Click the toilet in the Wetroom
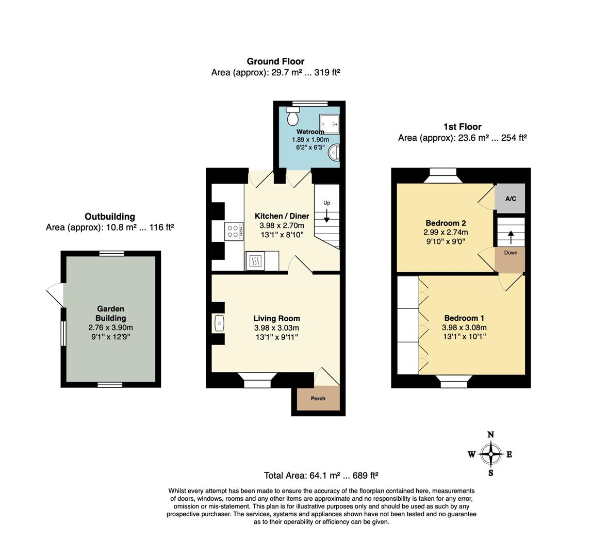292,116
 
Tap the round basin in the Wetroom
334,153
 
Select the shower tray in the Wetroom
330,124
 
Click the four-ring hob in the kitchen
233,231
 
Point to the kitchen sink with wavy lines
255,261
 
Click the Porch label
318,398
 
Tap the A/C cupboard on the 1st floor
511,199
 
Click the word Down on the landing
511,253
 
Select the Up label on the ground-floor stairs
327,203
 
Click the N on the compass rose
491,435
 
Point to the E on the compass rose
509,454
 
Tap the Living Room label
276,318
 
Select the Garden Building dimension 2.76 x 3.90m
111,327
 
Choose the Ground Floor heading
275,61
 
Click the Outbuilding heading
110,217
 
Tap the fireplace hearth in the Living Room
219,323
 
